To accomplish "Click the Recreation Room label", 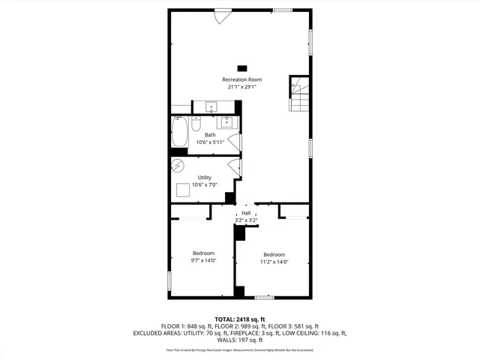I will pos(241,79).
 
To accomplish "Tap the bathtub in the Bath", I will pos(179,133).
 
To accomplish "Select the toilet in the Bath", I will pos(199,124).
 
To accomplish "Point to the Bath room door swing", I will pos(238,142).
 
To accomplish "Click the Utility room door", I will pos(235,168).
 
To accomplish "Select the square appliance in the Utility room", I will pos(183,190).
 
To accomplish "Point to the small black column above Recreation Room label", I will pos(241,66).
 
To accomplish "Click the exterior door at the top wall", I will pos(223,15).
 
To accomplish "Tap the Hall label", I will pos(245,214).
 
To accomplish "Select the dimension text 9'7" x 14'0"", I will pos(203,261).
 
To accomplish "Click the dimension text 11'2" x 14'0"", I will pos(274,262).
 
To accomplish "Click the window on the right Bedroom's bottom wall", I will pos(263,298).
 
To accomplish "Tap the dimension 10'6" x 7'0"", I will pos(204,184).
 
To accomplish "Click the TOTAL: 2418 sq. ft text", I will pos(240,319).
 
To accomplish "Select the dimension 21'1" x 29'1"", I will pos(241,87).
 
